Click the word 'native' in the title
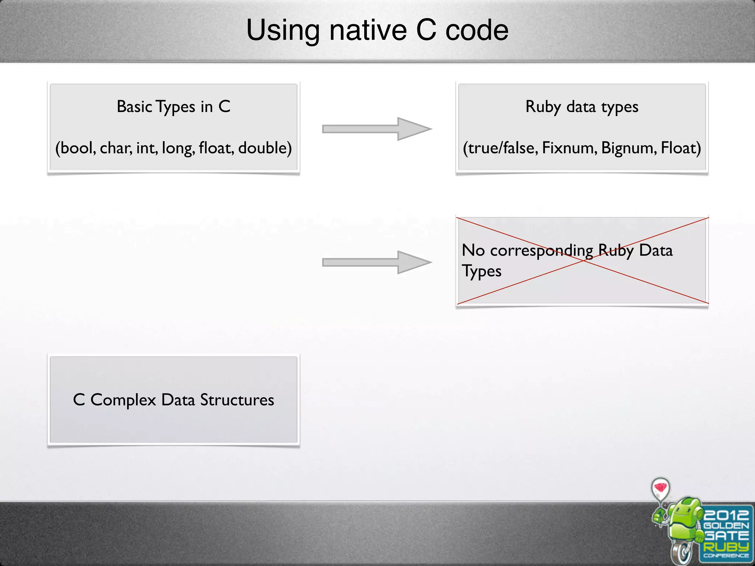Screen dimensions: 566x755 coord(368,30)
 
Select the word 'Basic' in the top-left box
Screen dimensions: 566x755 coord(135,107)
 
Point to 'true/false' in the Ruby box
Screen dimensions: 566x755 coord(500,148)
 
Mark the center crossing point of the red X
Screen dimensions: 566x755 coord(583,261)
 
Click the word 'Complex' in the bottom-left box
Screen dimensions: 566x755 coord(123,400)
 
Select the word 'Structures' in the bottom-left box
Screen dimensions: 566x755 coord(237,400)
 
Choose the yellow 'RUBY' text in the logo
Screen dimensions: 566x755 coord(726,546)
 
